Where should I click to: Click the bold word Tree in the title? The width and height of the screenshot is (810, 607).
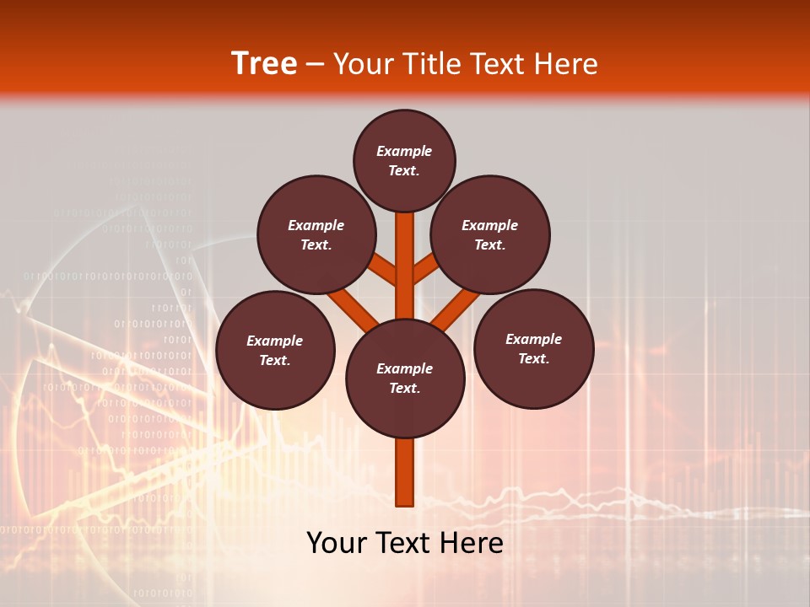(x=264, y=63)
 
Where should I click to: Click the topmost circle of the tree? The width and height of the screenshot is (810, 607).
(x=404, y=160)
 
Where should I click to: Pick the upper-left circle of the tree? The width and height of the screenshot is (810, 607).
(x=316, y=234)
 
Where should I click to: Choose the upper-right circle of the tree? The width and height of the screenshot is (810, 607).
(x=490, y=234)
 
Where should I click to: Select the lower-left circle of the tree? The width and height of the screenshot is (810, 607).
(x=275, y=350)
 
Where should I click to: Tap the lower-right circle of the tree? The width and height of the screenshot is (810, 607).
(x=533, y=348)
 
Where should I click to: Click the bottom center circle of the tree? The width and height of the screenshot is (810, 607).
(x=405, y=378)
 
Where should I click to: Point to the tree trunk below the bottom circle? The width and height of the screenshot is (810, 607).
(x=405, y=472)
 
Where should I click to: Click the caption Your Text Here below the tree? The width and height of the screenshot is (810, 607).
(x=405, y=543)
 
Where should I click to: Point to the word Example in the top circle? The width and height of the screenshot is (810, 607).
(x=404, y=151)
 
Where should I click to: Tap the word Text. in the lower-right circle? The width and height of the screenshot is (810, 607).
(x=533, y=358)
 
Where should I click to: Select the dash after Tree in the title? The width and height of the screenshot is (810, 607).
(x=315, y=64)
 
